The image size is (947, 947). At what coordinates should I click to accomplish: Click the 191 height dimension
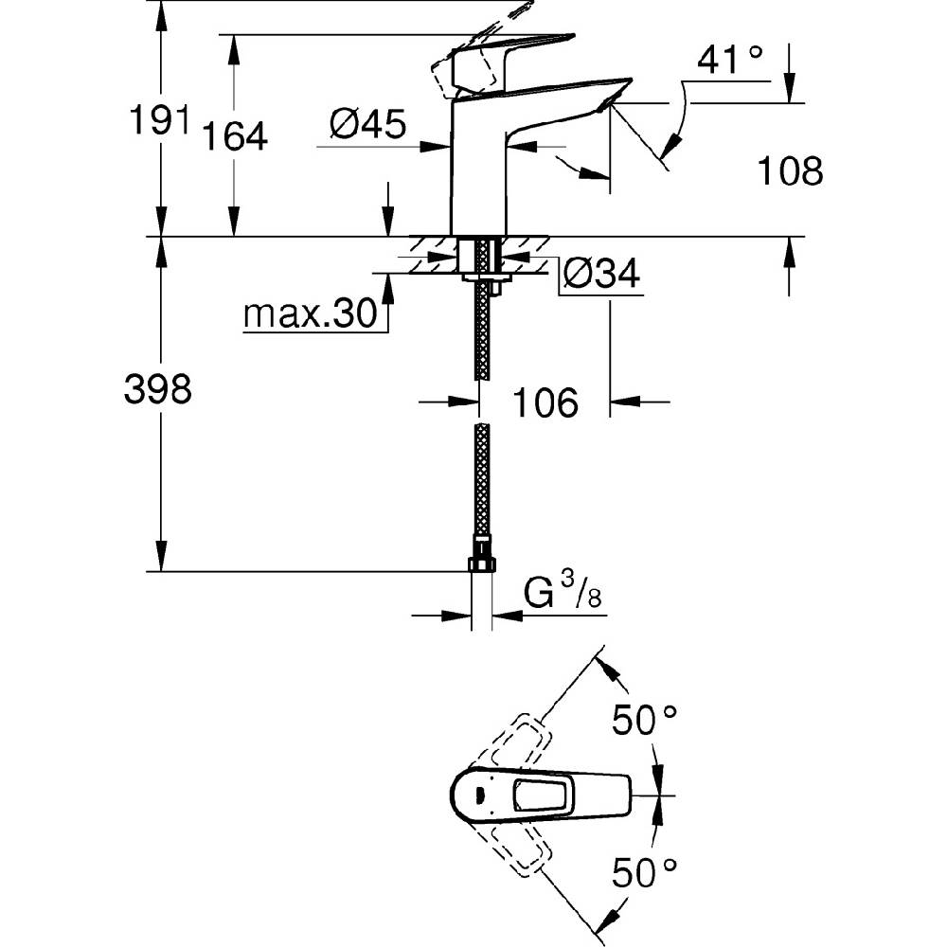coord(160,119)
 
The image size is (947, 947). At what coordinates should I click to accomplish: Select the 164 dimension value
coord(234,135)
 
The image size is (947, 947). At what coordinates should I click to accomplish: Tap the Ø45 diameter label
coord(368,124)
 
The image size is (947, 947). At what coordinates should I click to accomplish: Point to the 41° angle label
coord(729,59)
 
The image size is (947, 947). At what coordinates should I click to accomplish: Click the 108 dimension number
coord(790,170)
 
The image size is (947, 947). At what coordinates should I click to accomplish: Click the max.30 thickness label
coord(311,313)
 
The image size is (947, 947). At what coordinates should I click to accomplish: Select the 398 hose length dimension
coord(158,388)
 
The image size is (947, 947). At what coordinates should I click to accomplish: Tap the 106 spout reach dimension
coord(545,402)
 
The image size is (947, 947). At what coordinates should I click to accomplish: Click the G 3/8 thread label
coord(563,591)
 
